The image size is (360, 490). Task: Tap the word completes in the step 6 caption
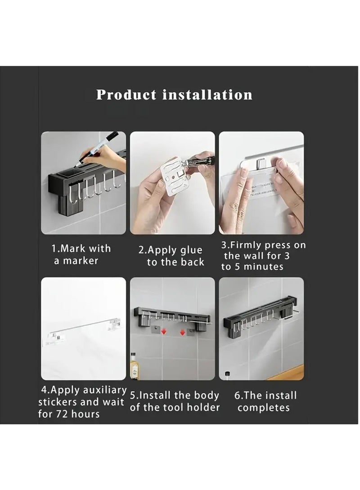pos(264,408)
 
